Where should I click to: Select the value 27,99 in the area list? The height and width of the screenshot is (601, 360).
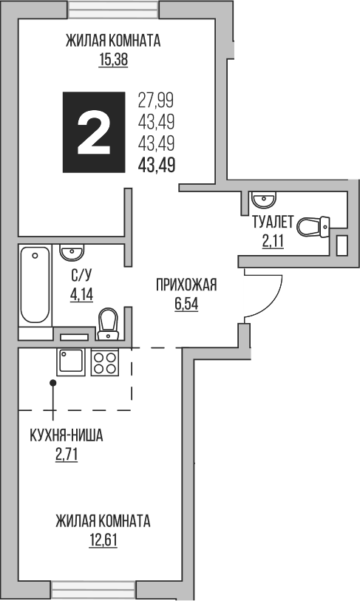pyautogui.click(x=156, y=100)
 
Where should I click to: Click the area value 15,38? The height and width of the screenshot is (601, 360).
pyautogui.click(x=113, y=61)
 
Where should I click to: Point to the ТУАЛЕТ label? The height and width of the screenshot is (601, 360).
pyautogui.click(x=274, y=221)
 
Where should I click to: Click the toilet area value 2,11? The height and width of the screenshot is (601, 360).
pyautogui.click(x=274, y=239)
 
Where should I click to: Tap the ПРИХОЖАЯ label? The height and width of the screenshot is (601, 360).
pyautogui.click(x=186, y=285)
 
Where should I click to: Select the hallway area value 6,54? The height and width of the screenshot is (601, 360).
pyautogui.click(x=186, y=303)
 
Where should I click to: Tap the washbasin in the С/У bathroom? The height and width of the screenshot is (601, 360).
pyautogui.click(x=72, y=253)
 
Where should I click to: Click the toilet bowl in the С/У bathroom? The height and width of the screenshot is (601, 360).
pyautogui.click(x=109, y=322)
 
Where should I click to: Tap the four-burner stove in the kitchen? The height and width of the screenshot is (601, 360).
pyautogui.click(x=104, y=362)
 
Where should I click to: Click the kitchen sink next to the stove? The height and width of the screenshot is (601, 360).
pyautogui.click(x=71, y=362)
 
